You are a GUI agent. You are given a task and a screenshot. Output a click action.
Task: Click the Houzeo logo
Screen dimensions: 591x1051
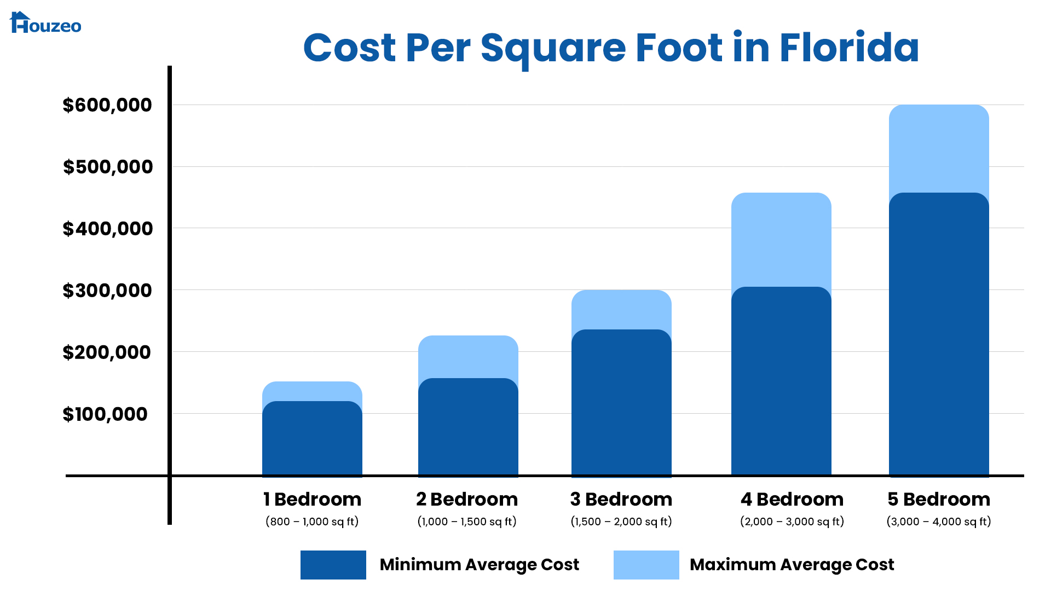click(x=45, y=23)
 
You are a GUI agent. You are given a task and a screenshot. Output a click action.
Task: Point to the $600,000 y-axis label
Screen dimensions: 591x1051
click(x=107, y=105)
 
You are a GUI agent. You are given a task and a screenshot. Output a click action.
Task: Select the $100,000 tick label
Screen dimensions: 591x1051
click(x=105, y=414)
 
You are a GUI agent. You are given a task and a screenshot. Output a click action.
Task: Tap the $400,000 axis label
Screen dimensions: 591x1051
click(x=108, y=229)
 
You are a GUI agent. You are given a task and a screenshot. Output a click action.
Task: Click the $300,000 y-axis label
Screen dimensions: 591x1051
click(x=107, y=291)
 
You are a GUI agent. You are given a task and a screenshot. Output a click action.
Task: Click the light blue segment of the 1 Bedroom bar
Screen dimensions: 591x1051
click(x=312, y=391)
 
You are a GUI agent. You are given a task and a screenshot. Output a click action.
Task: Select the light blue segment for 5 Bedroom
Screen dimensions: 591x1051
click(x=939, y=148)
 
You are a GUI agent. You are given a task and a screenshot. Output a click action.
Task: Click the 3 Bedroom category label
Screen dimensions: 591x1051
click(x=621, y=499)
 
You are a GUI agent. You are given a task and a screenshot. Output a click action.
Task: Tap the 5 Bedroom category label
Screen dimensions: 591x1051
click(x=939, y=499)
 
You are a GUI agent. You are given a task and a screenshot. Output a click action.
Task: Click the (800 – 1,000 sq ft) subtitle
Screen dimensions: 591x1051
click(x=312, y=522)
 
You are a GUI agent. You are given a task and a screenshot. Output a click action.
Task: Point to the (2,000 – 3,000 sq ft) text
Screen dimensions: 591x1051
click(x=792, y=522)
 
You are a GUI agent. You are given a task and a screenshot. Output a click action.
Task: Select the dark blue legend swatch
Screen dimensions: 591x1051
click(x=333, y=565)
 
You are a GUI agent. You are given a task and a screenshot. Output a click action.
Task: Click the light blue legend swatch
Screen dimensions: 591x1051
click(x=646, y=565)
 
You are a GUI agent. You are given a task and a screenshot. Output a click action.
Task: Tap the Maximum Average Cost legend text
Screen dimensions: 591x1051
click(x=792, y=565)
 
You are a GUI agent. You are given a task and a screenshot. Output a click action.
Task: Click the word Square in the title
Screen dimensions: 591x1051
click(x=553, y=48)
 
